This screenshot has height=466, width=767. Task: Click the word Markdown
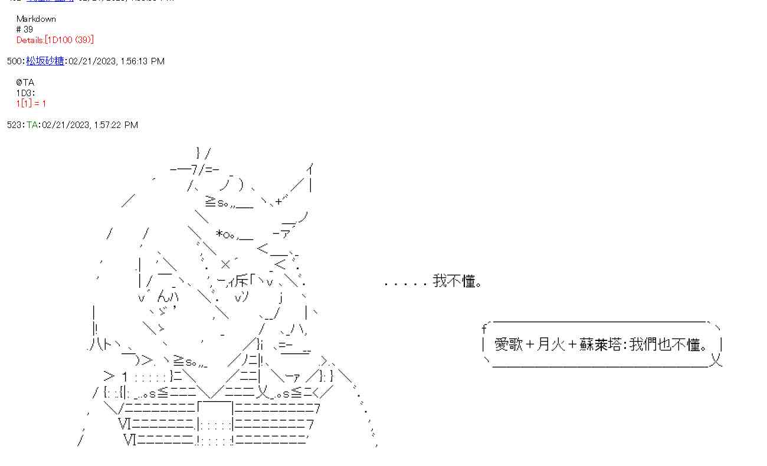pyautogui.click(x=36, y=19)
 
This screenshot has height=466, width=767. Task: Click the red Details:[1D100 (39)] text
pyautogui.click(x=55, y=40)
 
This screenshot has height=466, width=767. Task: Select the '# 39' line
pyautogui.click(x=25, y=29)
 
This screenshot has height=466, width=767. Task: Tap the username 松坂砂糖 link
pyautogui.click(x=45, y=61)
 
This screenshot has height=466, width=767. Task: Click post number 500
pyautogui.click(x=14, y=61)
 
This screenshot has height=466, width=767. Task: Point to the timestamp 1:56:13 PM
pyautogui.click(x=142, y=61)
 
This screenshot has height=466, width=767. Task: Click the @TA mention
pyautogui.click(x=25, y=83)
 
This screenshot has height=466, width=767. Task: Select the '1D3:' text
pyautogui.click(x=26, y=93)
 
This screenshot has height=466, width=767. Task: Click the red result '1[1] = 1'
pyautogui.click(x=31, y=103)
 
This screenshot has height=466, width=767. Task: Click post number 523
pyautogui.click(x=14, y=125)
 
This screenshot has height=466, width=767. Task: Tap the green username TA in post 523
pyautogui.click(x=32, y=125)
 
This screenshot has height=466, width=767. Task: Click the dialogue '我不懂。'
pyautogui.click(x=458, y=281)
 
